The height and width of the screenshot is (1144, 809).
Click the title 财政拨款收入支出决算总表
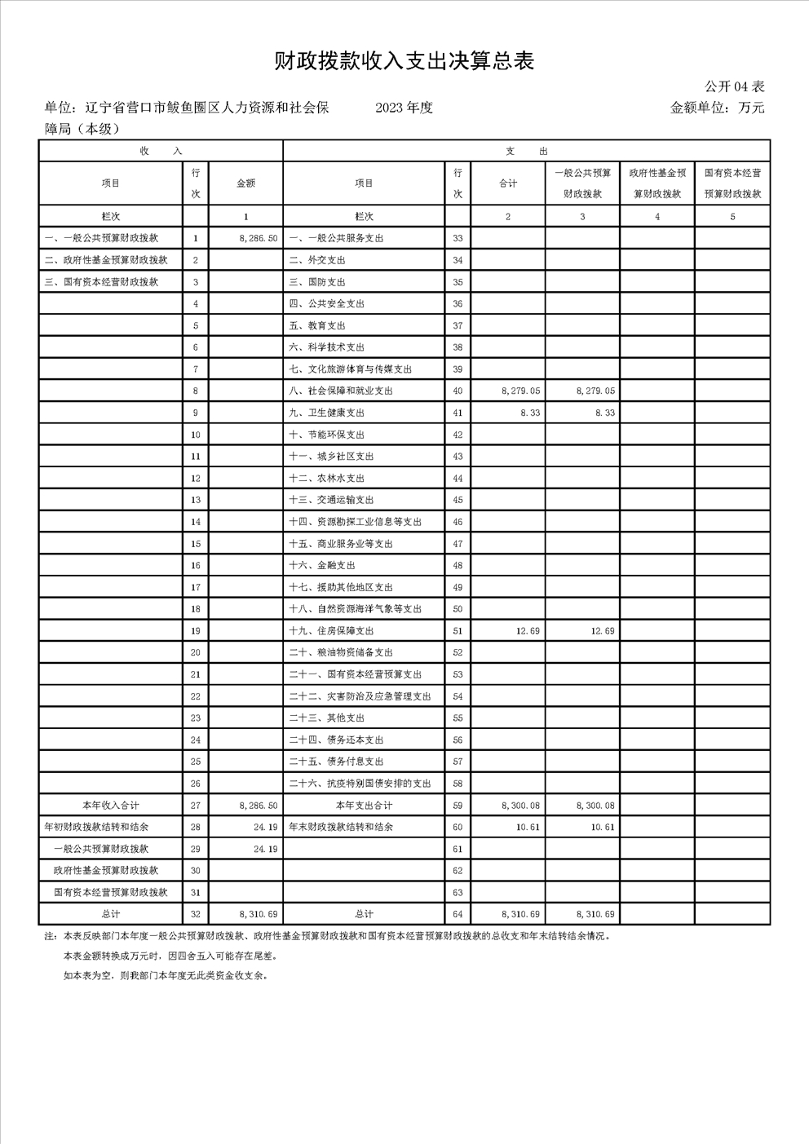pos(404,61)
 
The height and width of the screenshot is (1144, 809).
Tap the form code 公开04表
pos(734,86)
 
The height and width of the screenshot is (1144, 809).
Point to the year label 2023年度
pos(404,108)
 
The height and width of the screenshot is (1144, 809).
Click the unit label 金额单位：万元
pos(717,108)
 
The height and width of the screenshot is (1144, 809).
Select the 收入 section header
pos(161,151)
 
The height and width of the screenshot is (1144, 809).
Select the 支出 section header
pos(526,151)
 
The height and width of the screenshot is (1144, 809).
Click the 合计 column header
pos(508,183)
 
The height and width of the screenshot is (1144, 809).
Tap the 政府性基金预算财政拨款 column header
pos(657,183)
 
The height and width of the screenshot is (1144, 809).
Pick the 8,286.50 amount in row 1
pos(259,238)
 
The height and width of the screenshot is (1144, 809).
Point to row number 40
pos(458,391)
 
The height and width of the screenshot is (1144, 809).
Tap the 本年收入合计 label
pos(111,805)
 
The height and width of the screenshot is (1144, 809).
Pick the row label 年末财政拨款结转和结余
pos(341,827)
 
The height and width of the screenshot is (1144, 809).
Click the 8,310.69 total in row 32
pos(259,914)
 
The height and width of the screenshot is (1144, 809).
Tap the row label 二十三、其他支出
pos(326,718)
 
